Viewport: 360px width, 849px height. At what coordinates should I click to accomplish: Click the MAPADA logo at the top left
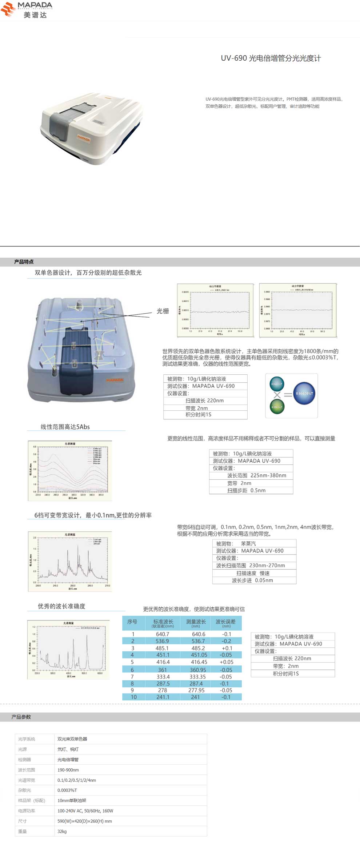click(x=27, y=9)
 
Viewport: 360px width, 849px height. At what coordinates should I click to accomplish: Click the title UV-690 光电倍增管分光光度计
click(x=271, y=58)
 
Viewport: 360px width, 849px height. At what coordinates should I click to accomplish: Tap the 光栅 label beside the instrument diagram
click(x=163, y=311)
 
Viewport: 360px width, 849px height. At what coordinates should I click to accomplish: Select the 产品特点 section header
click(x=24, y=262)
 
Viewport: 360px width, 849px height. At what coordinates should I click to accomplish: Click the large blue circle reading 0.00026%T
click(x=304, y=393)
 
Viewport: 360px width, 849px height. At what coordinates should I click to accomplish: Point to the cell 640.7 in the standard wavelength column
click(x=163, y=634)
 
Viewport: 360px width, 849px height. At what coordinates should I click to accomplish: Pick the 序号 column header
click(x=132, y=622)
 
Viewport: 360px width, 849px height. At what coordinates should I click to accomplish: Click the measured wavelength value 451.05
click(x=199, y=655)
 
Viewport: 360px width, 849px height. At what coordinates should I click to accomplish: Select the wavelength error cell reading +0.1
click(x=227, y=648)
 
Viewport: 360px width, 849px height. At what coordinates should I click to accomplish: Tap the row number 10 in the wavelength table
click(x=134, y=697)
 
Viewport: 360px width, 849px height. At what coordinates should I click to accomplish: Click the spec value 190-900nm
click(x=68, y=770)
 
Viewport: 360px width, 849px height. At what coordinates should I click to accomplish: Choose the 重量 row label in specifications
click(x=23, y=831)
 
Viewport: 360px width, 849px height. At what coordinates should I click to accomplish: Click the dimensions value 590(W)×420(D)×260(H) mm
click(x=85, y=821)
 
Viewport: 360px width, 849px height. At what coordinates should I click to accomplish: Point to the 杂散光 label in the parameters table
click(x=25, y=790)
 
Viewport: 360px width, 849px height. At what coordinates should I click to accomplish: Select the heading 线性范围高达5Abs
click(x=65, y=427)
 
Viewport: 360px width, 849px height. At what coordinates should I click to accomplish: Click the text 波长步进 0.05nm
click(x=252, y=580)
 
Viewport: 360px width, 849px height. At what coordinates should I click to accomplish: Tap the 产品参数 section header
click(x=21, y=717)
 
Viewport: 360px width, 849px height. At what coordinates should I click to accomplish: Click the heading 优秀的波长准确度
click(x=61, y=606)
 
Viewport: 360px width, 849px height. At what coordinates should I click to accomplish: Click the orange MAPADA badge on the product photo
click(x=83, y=138)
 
